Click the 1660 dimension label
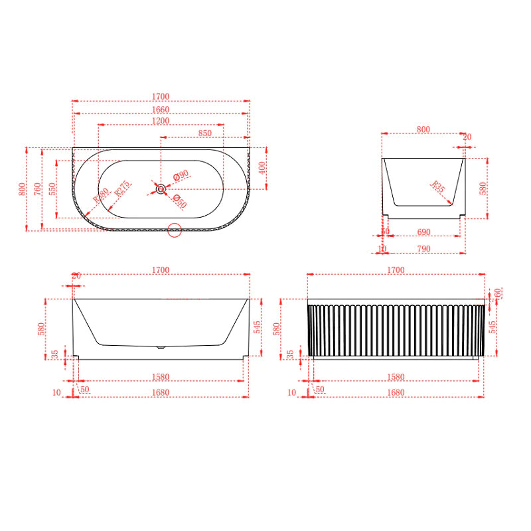tap(160, 110)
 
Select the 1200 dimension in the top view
tap(160, 121)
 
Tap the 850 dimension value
tap(204, 133)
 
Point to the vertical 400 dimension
tap(262, 167)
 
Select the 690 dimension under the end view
tap(423, 233)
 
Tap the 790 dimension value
tap(423, 249)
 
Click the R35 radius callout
tap(437, 187)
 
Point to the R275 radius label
tap(121, 192)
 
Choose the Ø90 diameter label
tap(181, 175)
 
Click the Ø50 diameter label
tap(177, 198)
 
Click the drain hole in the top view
tap(161, 189)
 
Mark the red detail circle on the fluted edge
tap(175, 230)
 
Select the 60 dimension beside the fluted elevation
tap(497, 293)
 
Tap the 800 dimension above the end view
tap(423, 129)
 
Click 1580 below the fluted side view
tap(395, 377)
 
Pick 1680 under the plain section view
tap(160, 392)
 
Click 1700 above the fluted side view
tap(395, 270)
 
